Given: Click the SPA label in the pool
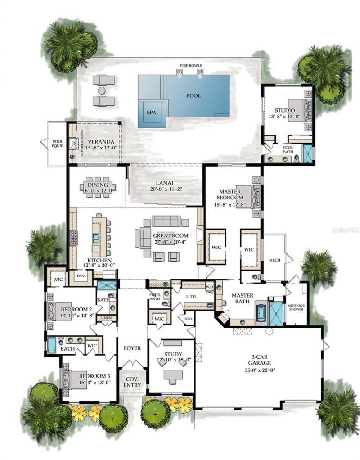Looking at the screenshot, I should (152, 113).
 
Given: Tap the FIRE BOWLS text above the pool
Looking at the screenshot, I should (189, 66).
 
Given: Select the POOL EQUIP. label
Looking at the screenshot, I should (58, 143).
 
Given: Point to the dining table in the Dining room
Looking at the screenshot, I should (98, 187).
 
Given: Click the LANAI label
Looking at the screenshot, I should (165, 183).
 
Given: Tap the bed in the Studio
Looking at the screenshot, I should (299, 111).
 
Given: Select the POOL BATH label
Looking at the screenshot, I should (288, 149).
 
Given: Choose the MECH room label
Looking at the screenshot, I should (274, 260).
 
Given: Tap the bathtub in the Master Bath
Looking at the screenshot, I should (261, 314).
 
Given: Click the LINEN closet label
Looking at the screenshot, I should (107, 318).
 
